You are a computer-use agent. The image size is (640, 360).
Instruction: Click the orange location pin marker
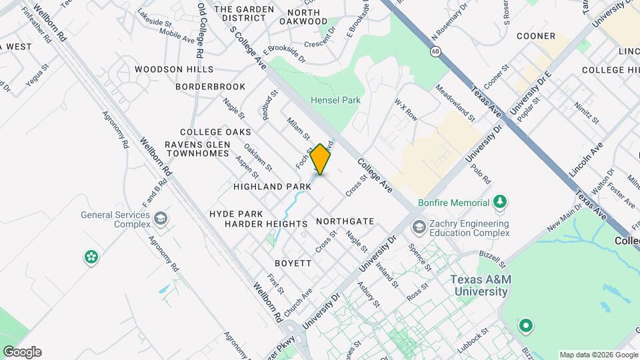tap(321, 159)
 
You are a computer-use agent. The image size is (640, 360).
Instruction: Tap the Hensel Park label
tap(335, 100)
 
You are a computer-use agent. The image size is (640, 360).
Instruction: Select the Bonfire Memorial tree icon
tap(499, 201)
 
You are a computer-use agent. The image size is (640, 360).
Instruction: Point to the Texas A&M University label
tap(481, 285)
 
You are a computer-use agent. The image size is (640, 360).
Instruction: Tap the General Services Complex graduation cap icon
tap(160, 218)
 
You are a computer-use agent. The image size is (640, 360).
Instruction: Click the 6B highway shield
tap(436, 51)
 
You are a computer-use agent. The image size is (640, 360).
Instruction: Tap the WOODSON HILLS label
tap(174, 69)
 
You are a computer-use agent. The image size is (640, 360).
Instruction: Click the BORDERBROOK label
tap(210, 87)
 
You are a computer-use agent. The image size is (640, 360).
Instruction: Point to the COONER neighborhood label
tap(535, 36)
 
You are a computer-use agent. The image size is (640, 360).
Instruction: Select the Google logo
tap(21, 351)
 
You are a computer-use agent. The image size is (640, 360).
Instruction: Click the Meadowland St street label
tap(455, 103)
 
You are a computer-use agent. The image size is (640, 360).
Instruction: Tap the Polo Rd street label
tap(483, 170)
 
